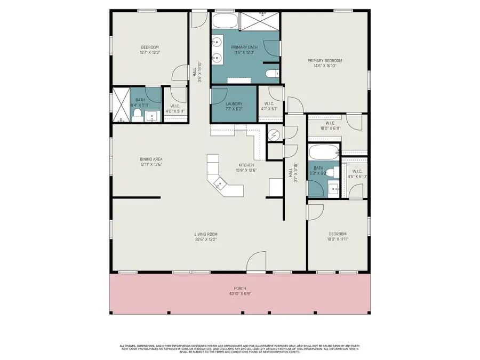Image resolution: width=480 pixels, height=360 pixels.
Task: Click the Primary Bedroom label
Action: pyautogui.click(x=324, y=60)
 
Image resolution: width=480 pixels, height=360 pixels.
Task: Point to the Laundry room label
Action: pyautogui.click(x=234, y=103)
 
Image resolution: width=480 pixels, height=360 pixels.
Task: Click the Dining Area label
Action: pyautogui.click(x=151, y=159)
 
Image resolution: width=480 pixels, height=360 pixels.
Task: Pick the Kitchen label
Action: pyautogui.click(x=246, y=165)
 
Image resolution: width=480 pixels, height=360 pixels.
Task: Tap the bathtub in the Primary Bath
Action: pyautogui.click(x=225, y=22)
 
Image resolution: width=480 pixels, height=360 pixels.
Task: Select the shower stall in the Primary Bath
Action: pyautogui.click(x=259, y=22)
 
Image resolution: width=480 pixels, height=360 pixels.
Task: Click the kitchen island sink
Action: pyautogui.click(x=219, y=184)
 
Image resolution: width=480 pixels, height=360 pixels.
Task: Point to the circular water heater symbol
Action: pyautogui.click(x=273, y=135)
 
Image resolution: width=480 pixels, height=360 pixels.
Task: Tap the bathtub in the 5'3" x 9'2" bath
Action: pyautogui.click(x=323, y=151)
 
